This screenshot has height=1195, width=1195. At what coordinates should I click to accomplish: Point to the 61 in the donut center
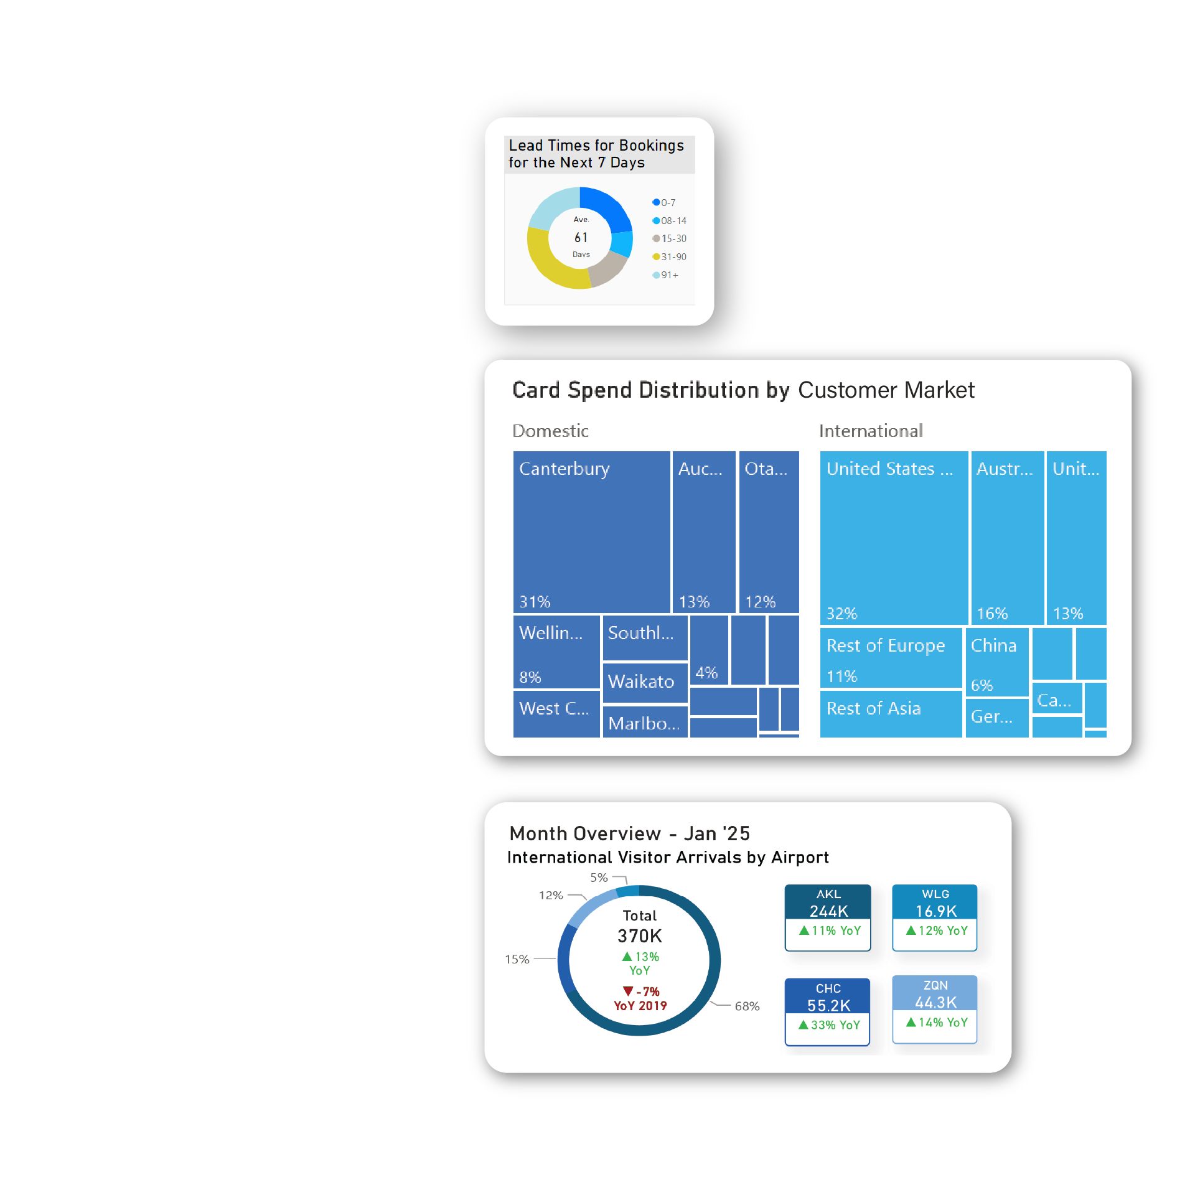click(x=581, y=237)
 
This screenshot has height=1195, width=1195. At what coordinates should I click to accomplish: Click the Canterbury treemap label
click(x=564, y=469)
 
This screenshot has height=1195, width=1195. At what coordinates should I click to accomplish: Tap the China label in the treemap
click(x=993, y=645)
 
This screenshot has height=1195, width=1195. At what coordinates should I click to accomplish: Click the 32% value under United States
click(x=841, y=614)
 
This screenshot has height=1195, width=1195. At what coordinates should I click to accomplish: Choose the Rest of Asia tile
click(x=890, y=713)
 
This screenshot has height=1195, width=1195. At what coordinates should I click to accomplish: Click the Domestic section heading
click(x=550, y=431)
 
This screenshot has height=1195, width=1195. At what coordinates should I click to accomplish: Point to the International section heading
click(x=871, y=431)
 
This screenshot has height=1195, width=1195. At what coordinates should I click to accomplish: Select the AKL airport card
click(x=828, y=917)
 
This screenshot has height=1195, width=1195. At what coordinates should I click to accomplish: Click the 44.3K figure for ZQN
click(x=935, y=1003)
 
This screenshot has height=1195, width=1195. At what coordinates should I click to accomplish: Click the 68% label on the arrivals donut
click(x=747, y=1006)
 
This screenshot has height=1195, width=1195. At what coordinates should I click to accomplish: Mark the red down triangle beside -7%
click(x=628, y=991)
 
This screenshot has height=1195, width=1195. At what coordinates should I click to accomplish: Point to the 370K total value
click(x=639, y=936)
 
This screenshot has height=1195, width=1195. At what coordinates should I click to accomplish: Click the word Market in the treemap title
click(x=939, y=390)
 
